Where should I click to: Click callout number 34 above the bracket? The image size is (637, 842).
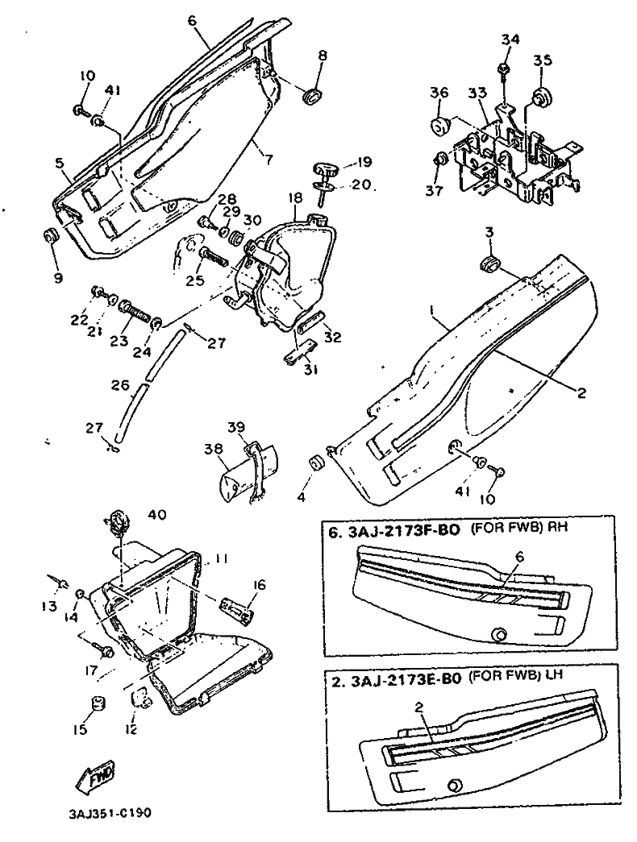(x=510, y=39)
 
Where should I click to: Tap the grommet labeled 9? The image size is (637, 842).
(x=49, y=236)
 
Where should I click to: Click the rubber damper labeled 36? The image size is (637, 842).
(x=439, y=127)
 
